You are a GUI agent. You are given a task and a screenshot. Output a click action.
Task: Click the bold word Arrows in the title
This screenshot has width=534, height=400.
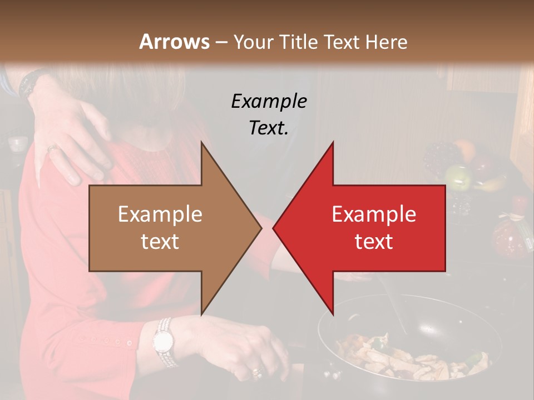[x=174, y=42]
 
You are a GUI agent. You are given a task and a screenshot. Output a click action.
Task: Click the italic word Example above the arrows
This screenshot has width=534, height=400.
[x=269, y=101]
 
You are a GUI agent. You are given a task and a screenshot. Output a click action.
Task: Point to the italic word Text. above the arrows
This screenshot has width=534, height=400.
[x=269, y=128]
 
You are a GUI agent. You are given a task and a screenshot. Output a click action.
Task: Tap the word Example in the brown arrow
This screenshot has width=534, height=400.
[x=160, y=214]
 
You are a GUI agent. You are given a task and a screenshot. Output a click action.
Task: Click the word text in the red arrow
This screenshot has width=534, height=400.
[x=374, y=241]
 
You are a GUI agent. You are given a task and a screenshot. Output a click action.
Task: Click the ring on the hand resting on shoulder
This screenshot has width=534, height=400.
[x=52, y=148]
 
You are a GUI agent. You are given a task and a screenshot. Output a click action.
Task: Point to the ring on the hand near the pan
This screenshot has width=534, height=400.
[x=256, y=371]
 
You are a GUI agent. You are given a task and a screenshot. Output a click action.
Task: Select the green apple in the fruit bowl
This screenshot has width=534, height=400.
[x=457, y=177]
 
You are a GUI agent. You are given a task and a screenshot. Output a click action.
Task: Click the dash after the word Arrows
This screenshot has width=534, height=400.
[x=221, y=42]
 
